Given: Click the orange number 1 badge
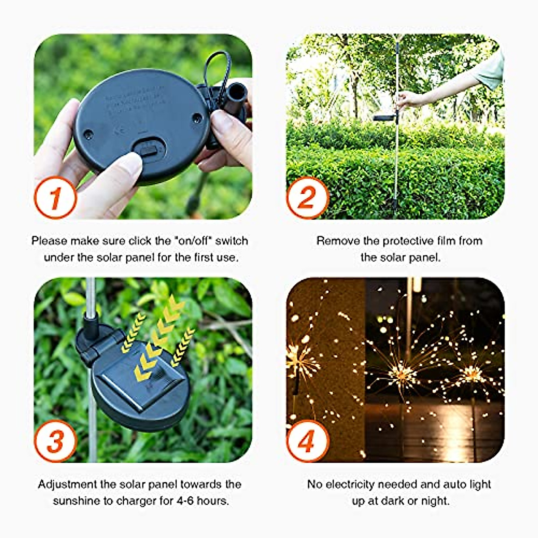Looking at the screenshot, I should click(x=55, y=198).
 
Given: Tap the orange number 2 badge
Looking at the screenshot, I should click(x=308, y=198).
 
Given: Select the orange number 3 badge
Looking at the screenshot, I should click(x=55, y=441).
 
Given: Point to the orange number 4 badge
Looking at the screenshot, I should click(x=308, y=441).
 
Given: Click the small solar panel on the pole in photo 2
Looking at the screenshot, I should click(x=384, y=118).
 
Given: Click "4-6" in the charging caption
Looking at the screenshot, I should click(x=181, y=500).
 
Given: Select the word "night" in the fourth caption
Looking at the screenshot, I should click(x=435, y=500).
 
